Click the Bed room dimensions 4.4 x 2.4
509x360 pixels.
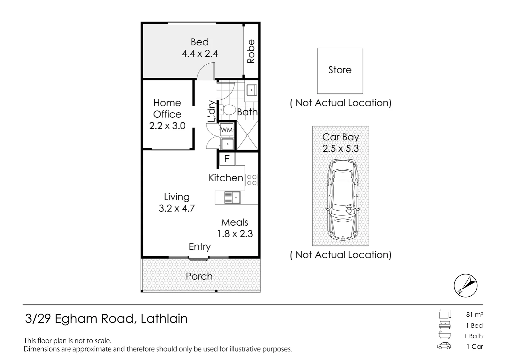(x=200, y=54)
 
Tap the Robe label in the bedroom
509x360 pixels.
(x=251, y=51)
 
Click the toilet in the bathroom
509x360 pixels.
(x=228, y=110)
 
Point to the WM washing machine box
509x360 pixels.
(x=227, y=130)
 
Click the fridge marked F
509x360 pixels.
(x=227, y=159)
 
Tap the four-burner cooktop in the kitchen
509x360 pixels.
(x=252, y=180)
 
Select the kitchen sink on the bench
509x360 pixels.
(x=232, y=197)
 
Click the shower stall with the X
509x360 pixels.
(x=247, y=135)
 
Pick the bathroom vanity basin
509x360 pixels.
(x=251, y=90)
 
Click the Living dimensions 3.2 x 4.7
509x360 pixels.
(x=177, y=208)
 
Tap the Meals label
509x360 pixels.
(x=235, y=222)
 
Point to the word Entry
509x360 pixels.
(x=200, y=247)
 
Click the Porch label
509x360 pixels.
(x=199, y=276)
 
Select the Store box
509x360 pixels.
(x=340, y=70)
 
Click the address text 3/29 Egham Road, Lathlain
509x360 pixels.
(x=106, y=319)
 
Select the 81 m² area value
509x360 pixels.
(x=474, y=314)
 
